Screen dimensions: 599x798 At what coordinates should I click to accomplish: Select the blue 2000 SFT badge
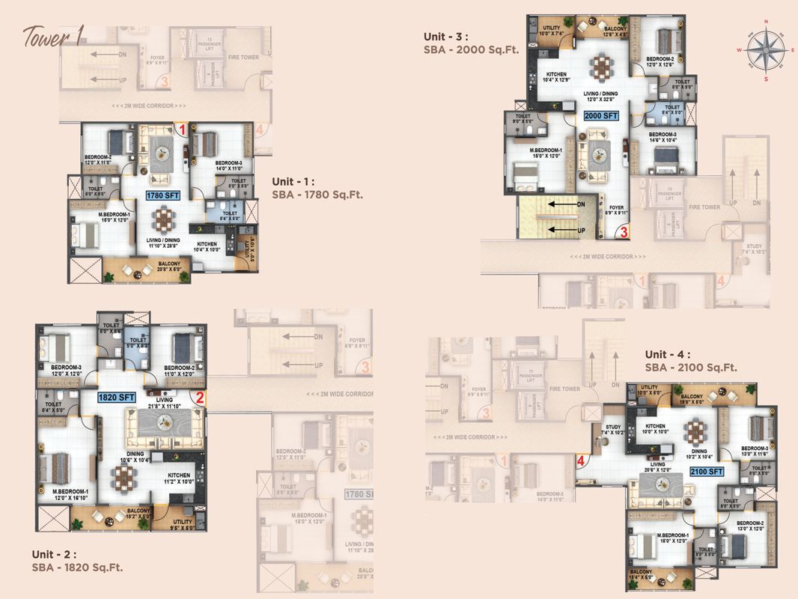(601, 115)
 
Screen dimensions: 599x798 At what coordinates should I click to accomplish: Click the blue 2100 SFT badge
(706, 472)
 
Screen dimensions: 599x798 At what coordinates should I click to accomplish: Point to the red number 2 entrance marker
(200, 398)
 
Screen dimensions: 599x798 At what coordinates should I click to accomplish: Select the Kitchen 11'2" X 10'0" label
(178, 479)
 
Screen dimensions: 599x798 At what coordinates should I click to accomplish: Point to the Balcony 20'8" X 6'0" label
(168, 267)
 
